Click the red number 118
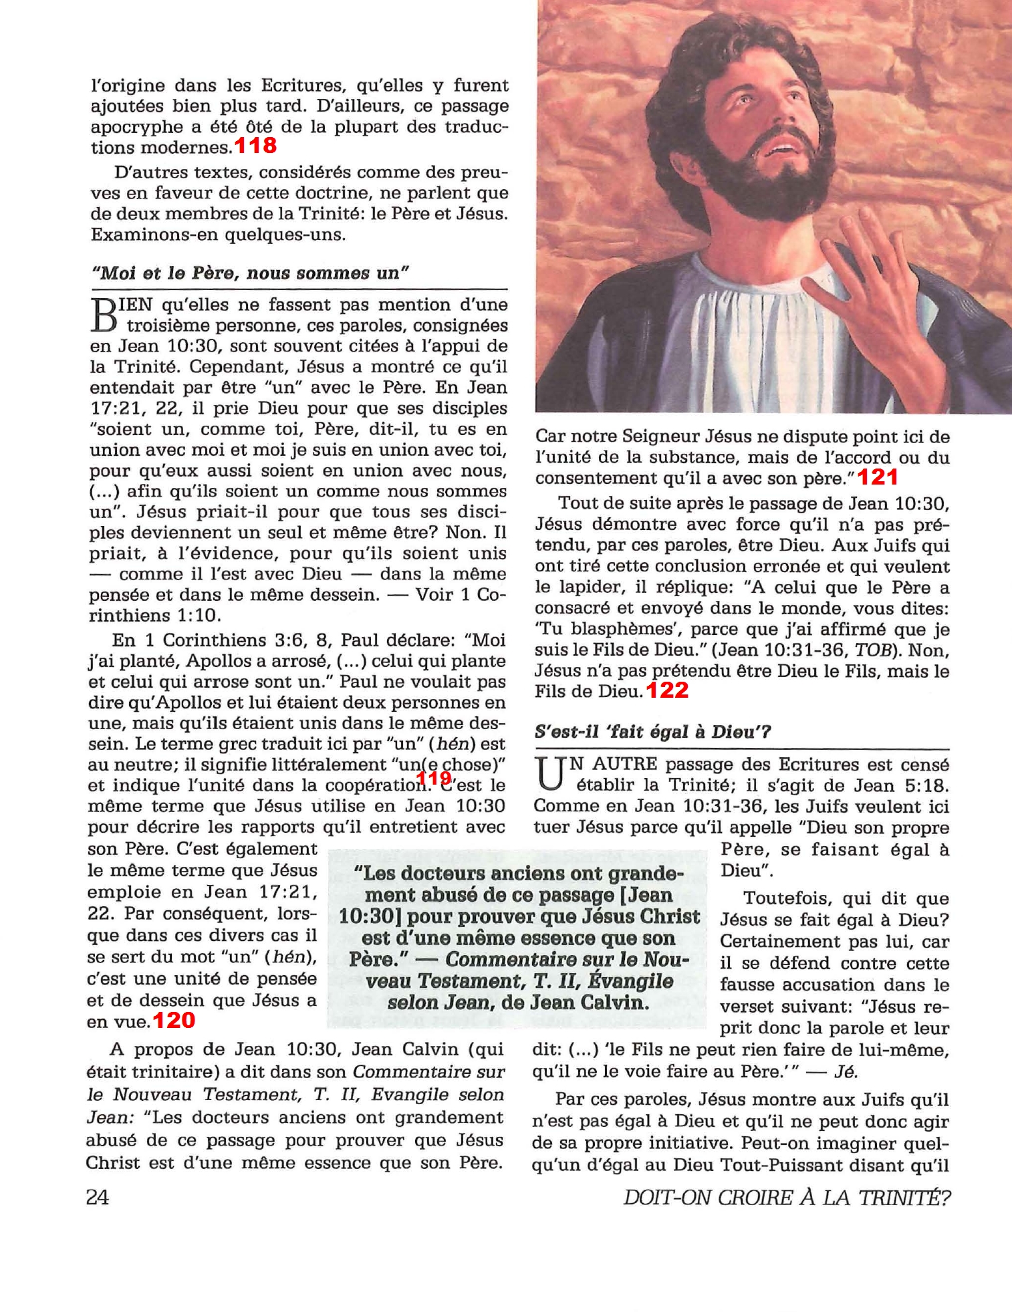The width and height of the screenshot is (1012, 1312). (x=255, y=145)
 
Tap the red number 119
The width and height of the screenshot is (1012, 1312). (x=434, y=778)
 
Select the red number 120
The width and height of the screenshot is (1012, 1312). (x=174, y=1020)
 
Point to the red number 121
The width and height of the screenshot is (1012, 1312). (x=878, y=477)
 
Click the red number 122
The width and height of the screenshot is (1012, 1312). (x=667, y=690)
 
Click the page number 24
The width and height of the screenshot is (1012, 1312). (x=98, y=1196)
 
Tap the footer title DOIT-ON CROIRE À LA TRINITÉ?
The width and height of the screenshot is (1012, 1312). (x=787, y=1197)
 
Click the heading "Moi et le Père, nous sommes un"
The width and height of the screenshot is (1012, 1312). (x=250, y=273)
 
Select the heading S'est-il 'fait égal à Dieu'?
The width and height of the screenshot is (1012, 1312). (x=652, y=731)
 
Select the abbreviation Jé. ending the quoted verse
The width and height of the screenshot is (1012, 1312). (x=846, y=1071)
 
